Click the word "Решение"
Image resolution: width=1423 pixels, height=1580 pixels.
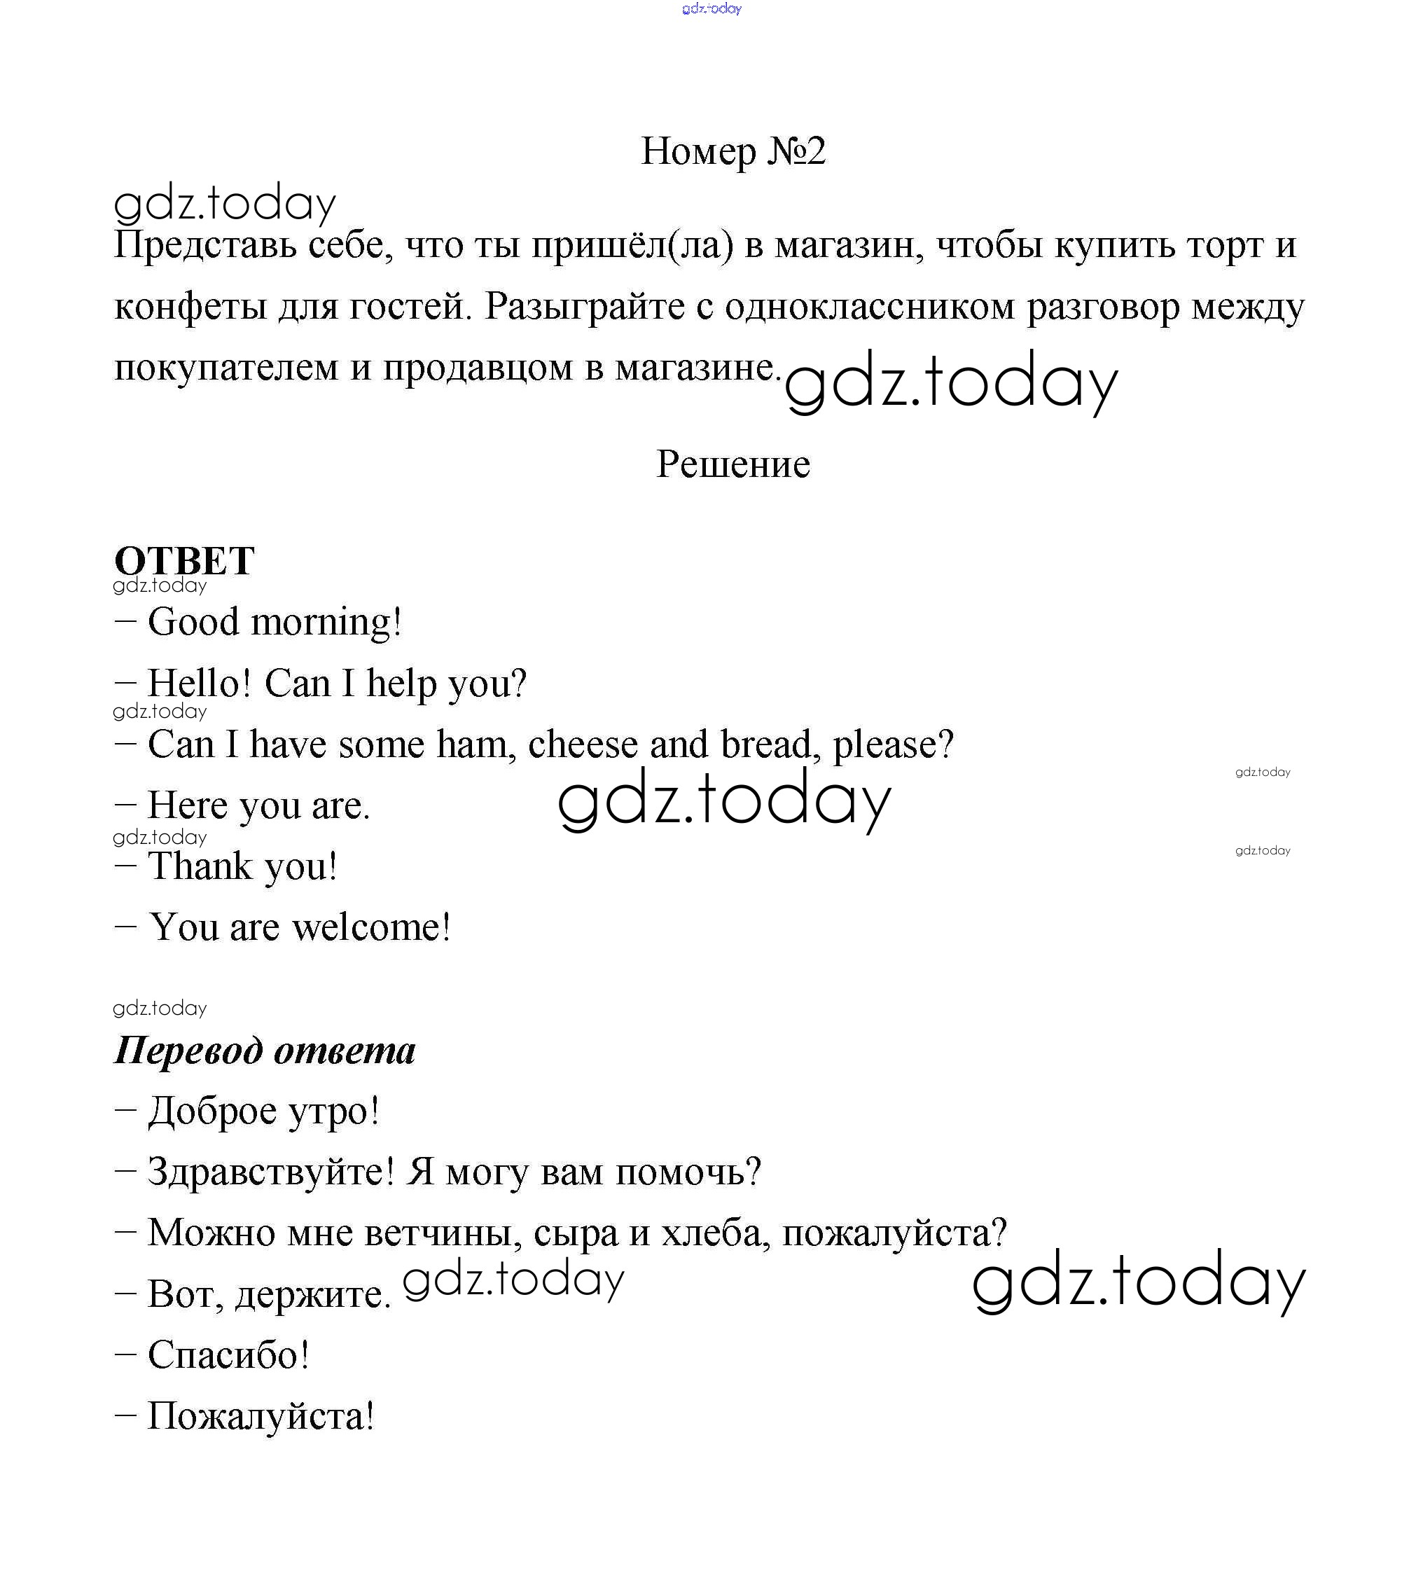click(x=733, y=464)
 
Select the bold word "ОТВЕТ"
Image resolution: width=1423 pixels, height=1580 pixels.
click(x=184, y=560)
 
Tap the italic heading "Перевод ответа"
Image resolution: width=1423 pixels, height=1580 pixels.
click(x=265, y=1050)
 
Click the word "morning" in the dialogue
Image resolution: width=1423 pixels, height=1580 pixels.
click(x=324, y=623)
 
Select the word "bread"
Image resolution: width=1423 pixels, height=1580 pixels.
click(x=770, y=744)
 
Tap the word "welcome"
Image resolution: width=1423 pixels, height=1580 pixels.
click(x=370, y=928)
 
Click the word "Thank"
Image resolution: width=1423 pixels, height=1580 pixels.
click(x=201, y=866)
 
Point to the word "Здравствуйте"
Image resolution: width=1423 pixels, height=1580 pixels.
click(x=270, y=1172)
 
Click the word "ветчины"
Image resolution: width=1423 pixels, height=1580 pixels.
click(x=444, y=1233)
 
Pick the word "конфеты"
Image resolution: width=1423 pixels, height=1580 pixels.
click(x=190, y=307)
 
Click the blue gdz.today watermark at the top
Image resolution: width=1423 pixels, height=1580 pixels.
click(x=711, y=8)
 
